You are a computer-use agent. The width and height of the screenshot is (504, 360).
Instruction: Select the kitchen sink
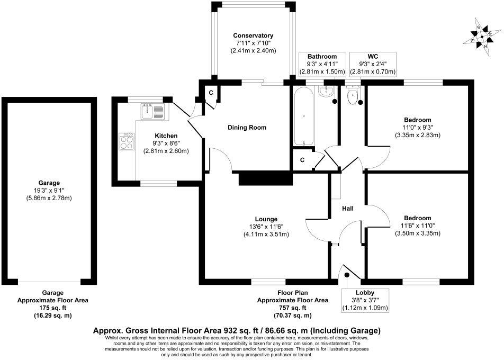point(153,112)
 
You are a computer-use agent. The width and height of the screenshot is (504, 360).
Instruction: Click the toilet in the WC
point(352,95)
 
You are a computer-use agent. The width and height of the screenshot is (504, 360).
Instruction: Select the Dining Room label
point(247,128)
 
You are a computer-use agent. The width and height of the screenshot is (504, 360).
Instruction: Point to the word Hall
point(348,209)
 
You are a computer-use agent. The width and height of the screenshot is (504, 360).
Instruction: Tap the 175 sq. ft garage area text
point(52,308)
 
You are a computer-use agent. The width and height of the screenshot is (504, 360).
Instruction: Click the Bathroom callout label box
point(322,64)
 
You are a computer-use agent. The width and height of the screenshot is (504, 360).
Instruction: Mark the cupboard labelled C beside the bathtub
point(302,160)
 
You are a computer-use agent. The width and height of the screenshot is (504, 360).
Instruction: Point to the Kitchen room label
point(166,136)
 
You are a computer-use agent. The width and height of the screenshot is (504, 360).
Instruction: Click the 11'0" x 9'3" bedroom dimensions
point(417,127)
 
